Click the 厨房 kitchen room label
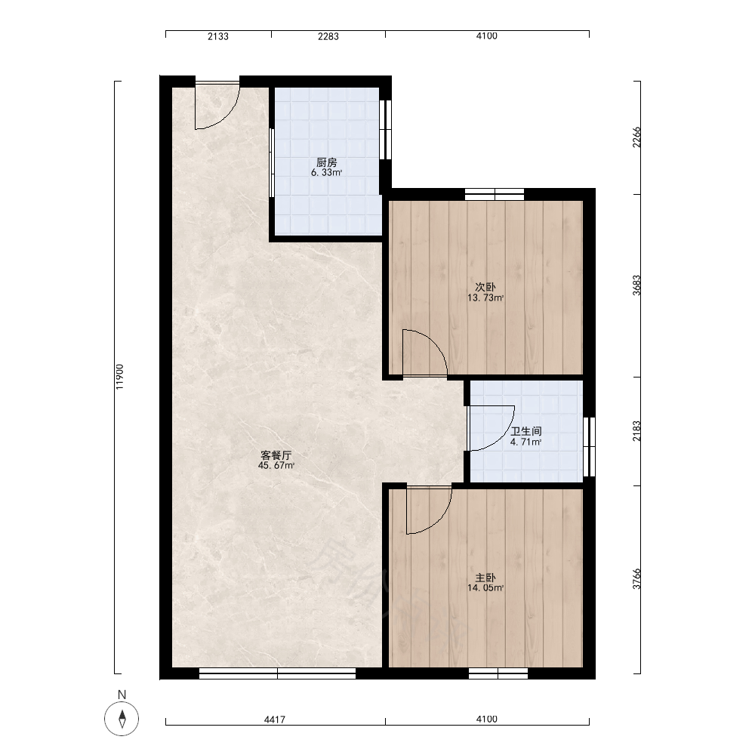coord(326,162)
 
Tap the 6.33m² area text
coord(326,173)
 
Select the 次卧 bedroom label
coord(485,287)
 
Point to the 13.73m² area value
coord(485,298)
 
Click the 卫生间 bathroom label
coord(525,431)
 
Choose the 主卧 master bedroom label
coord(485,578)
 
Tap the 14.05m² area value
coord(485,588)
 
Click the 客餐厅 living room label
coord(276,455)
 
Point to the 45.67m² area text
coord(276,466)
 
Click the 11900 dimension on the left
coord(120,377)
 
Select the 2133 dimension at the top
coord(218,36)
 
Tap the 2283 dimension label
coord(328,36)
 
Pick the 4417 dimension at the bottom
coord(275,720)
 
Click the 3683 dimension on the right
coord(636,285)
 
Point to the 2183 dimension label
coord(636,431)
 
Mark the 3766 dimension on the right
coord(636,579)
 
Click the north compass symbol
coord(122,719)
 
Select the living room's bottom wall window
coord(277,673)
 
